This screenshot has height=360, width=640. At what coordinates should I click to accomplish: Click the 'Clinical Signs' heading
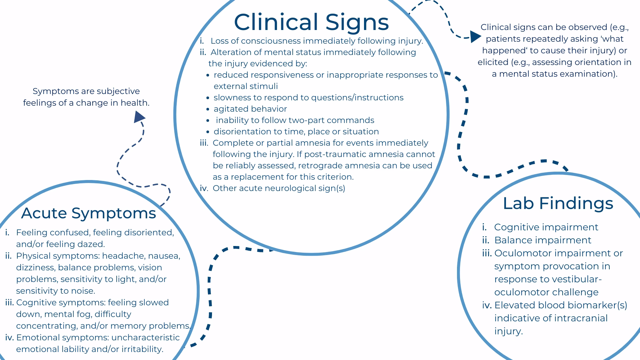(311, 22)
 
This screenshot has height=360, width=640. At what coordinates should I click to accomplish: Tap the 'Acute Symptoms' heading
(89, 213)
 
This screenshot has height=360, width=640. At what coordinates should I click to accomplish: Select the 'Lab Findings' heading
(558, 203)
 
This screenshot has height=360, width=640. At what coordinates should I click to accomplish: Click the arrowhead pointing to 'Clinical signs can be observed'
(475, 37)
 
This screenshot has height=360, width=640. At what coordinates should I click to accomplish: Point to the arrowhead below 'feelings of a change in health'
(139, 117)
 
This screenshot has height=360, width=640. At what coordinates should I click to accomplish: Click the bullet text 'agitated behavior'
(250, 109)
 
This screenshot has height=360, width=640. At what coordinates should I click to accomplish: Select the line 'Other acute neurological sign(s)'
(279, 188)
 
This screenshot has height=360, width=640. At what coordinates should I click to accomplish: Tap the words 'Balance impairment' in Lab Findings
(542, 240)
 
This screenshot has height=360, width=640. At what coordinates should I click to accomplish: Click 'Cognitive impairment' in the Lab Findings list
(546, 227)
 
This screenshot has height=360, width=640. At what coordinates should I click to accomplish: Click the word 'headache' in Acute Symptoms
(123, 256)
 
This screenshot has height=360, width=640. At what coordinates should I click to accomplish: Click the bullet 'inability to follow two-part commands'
(295, 120)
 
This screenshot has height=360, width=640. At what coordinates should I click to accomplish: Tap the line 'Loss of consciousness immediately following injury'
(316, 41)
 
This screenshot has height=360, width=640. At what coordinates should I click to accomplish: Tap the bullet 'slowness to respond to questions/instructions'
(308, 98)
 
